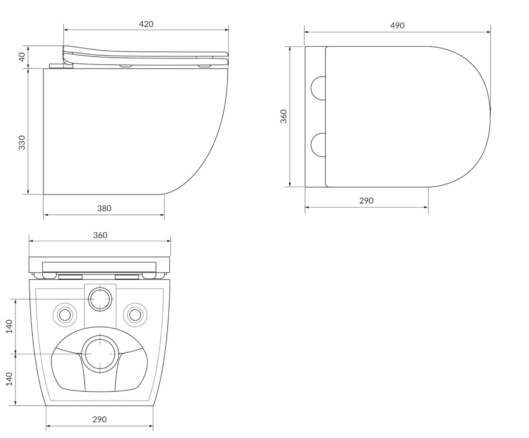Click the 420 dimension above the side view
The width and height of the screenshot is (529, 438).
[146, 24]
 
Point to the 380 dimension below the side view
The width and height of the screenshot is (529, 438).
[104, 209]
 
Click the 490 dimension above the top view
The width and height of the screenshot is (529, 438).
[397, 26]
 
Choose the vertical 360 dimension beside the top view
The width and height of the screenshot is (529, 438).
[283, 116]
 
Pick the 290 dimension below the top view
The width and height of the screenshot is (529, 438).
[366, 201]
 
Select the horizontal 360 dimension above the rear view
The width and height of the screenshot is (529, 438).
[100, 236]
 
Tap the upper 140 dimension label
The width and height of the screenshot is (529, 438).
[9, 326]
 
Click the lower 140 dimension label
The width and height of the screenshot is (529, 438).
[9, 379]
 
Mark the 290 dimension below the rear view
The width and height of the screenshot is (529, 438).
[100, 419]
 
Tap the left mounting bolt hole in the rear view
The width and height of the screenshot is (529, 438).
[65, 314]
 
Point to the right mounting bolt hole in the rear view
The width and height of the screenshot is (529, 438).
[135, 314]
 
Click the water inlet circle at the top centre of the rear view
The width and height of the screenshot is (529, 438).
[100, 299]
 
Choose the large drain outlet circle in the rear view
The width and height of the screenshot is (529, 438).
[100, 354]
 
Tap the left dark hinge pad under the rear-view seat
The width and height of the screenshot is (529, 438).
[71, 277]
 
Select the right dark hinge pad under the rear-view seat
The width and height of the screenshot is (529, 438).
[127, 277]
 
